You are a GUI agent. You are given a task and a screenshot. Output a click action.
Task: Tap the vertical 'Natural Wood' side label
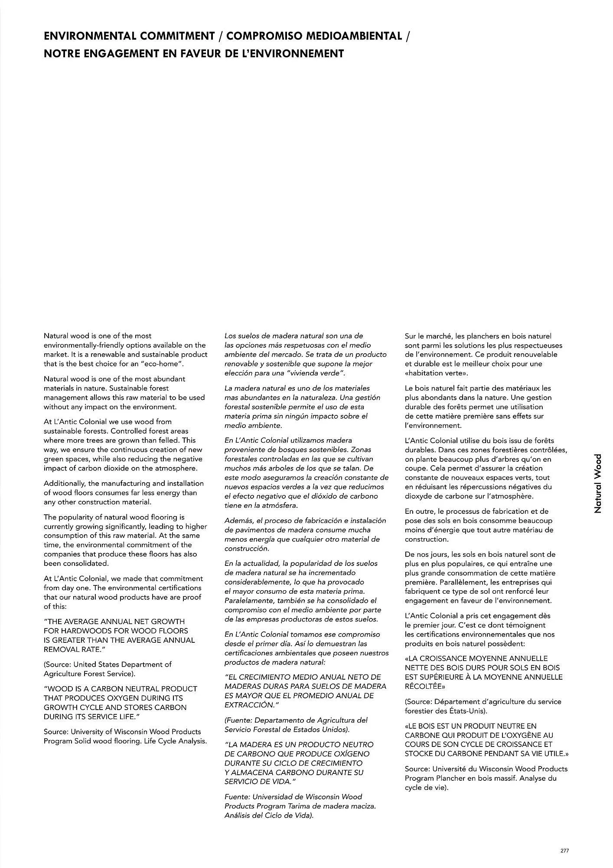click(598, 483)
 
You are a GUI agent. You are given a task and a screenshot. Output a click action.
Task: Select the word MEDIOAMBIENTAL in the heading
click(354, 36)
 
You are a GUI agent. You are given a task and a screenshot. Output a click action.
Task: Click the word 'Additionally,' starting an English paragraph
click(65, 483)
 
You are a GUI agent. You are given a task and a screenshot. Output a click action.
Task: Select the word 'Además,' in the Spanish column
click(238, 520)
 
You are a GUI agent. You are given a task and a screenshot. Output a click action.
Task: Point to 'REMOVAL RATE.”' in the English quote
click(75, 649)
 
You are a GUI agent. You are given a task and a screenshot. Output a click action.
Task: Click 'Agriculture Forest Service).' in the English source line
click(89, 674)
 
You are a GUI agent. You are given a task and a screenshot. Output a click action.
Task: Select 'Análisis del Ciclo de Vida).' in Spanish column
click(269, 815)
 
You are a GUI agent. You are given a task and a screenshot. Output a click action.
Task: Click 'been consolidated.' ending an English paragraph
click(76, 563)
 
